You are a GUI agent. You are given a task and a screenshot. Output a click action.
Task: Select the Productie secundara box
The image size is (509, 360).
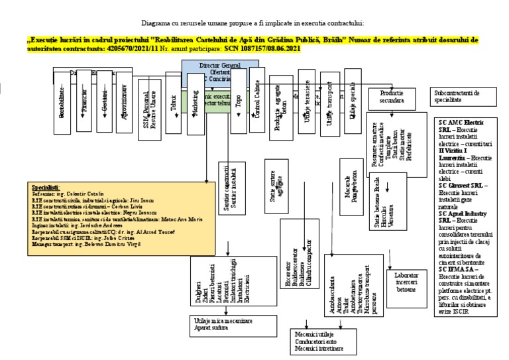[x=392, y=96]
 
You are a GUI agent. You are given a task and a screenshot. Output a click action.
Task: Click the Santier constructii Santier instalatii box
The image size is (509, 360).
[x=230, y=189]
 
